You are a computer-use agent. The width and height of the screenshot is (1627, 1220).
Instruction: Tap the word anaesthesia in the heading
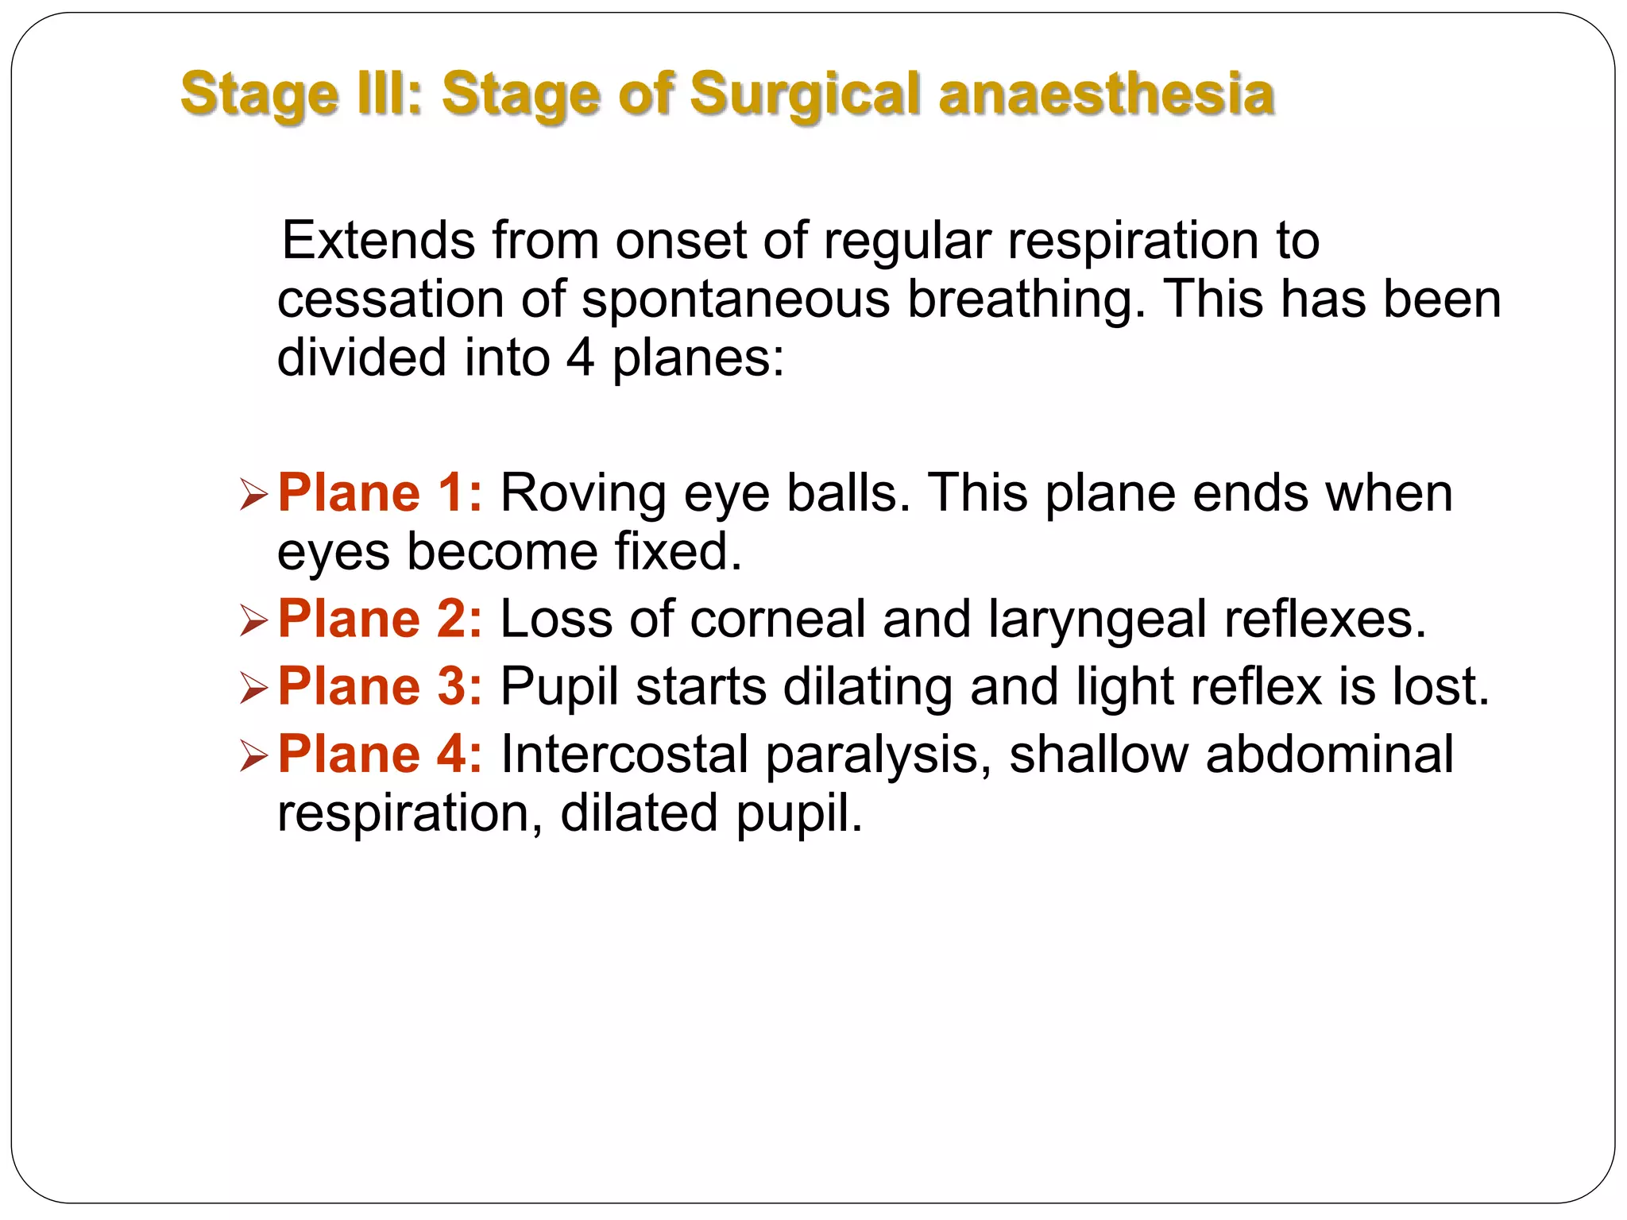(1107, 95)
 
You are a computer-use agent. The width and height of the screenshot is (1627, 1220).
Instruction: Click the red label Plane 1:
(380, 493)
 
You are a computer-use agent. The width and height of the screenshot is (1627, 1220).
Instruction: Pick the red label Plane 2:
(380, 619)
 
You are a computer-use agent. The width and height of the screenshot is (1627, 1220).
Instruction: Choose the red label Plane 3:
(380, 686)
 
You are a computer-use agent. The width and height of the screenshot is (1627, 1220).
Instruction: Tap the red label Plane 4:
(380, 754)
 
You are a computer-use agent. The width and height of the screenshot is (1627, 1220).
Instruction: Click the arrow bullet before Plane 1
(253, 496)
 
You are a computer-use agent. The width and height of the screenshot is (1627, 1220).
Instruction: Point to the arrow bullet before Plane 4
(253, 756)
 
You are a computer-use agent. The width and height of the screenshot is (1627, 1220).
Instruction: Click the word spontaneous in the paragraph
(736, 299)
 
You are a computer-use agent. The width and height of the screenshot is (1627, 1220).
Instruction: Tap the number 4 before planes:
(580, 357)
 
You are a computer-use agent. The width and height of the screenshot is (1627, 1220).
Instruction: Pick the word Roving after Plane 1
(583, 493)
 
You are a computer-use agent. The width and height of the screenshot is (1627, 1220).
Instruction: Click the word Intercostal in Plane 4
(624, 754)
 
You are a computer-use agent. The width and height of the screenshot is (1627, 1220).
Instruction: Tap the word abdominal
(1329, 754)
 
